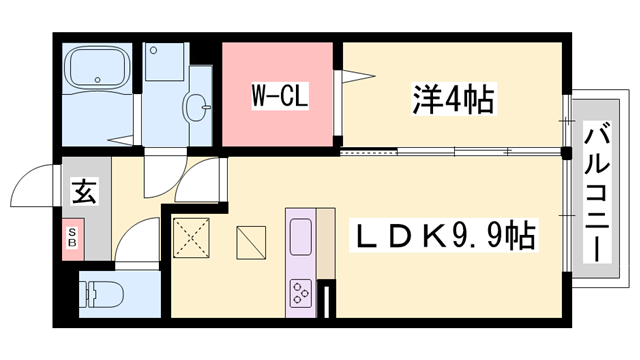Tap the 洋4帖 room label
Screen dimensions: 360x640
454,99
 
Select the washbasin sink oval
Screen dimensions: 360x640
198,103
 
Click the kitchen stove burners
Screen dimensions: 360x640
300,292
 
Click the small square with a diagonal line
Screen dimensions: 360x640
252,241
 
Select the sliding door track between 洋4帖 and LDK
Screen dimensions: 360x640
450,153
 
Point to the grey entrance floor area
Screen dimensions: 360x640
85,205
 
